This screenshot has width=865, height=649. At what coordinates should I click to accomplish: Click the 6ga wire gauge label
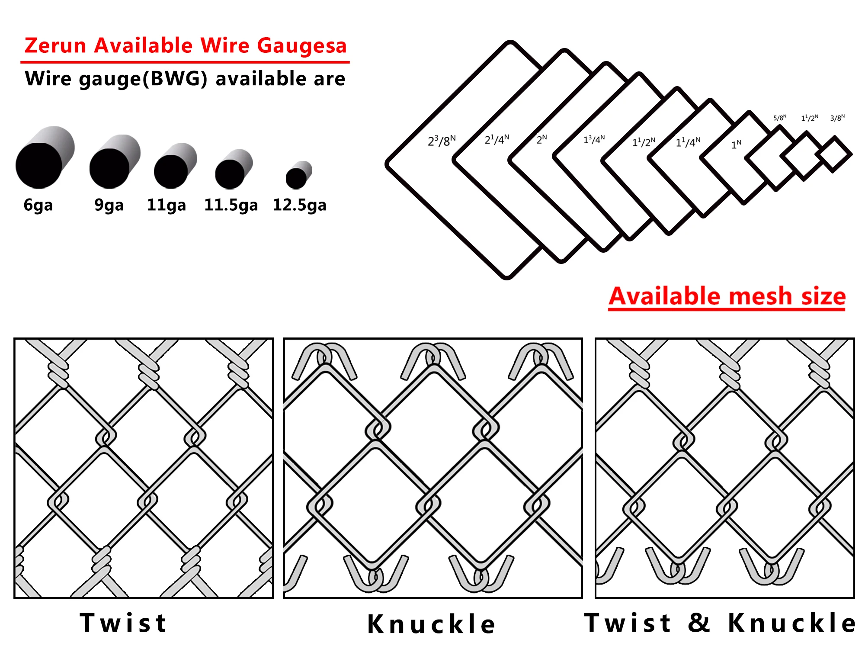point(38,205)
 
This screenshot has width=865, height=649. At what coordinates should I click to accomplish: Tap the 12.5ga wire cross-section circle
point(297,178)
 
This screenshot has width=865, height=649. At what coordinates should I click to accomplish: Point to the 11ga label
point(167,205)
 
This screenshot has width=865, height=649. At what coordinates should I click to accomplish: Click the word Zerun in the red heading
point(55,46)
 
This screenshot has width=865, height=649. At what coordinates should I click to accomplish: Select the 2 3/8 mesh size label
point(442,141)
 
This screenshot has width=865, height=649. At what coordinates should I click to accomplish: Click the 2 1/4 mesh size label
point(497,139)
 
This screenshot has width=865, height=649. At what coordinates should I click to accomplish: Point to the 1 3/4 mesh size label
point(594,139)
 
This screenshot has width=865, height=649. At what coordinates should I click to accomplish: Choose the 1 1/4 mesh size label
point(688,142)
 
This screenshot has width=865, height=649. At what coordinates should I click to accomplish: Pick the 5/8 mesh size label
point(780,118)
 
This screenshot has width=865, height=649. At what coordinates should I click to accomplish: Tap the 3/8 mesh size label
point(837,118)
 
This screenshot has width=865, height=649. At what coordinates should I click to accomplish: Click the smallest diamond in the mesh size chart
point(834,154)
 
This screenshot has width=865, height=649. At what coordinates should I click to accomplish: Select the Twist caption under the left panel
point(124,623)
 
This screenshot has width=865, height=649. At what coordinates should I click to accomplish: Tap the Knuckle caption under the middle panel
point(432,624)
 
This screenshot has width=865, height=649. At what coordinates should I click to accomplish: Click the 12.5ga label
point(299,205)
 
